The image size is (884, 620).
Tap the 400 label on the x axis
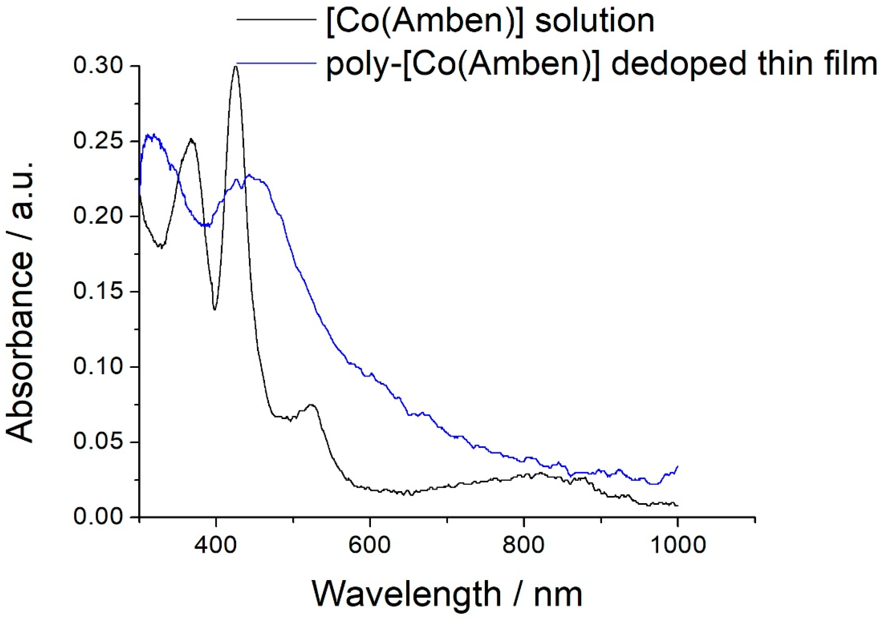click(216, 545)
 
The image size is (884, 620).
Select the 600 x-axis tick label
click(370, 545)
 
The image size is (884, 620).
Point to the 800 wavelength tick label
click(524, 545)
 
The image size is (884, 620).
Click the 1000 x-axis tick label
click(677, 545)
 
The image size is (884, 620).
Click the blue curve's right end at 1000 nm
click(677, 466)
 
